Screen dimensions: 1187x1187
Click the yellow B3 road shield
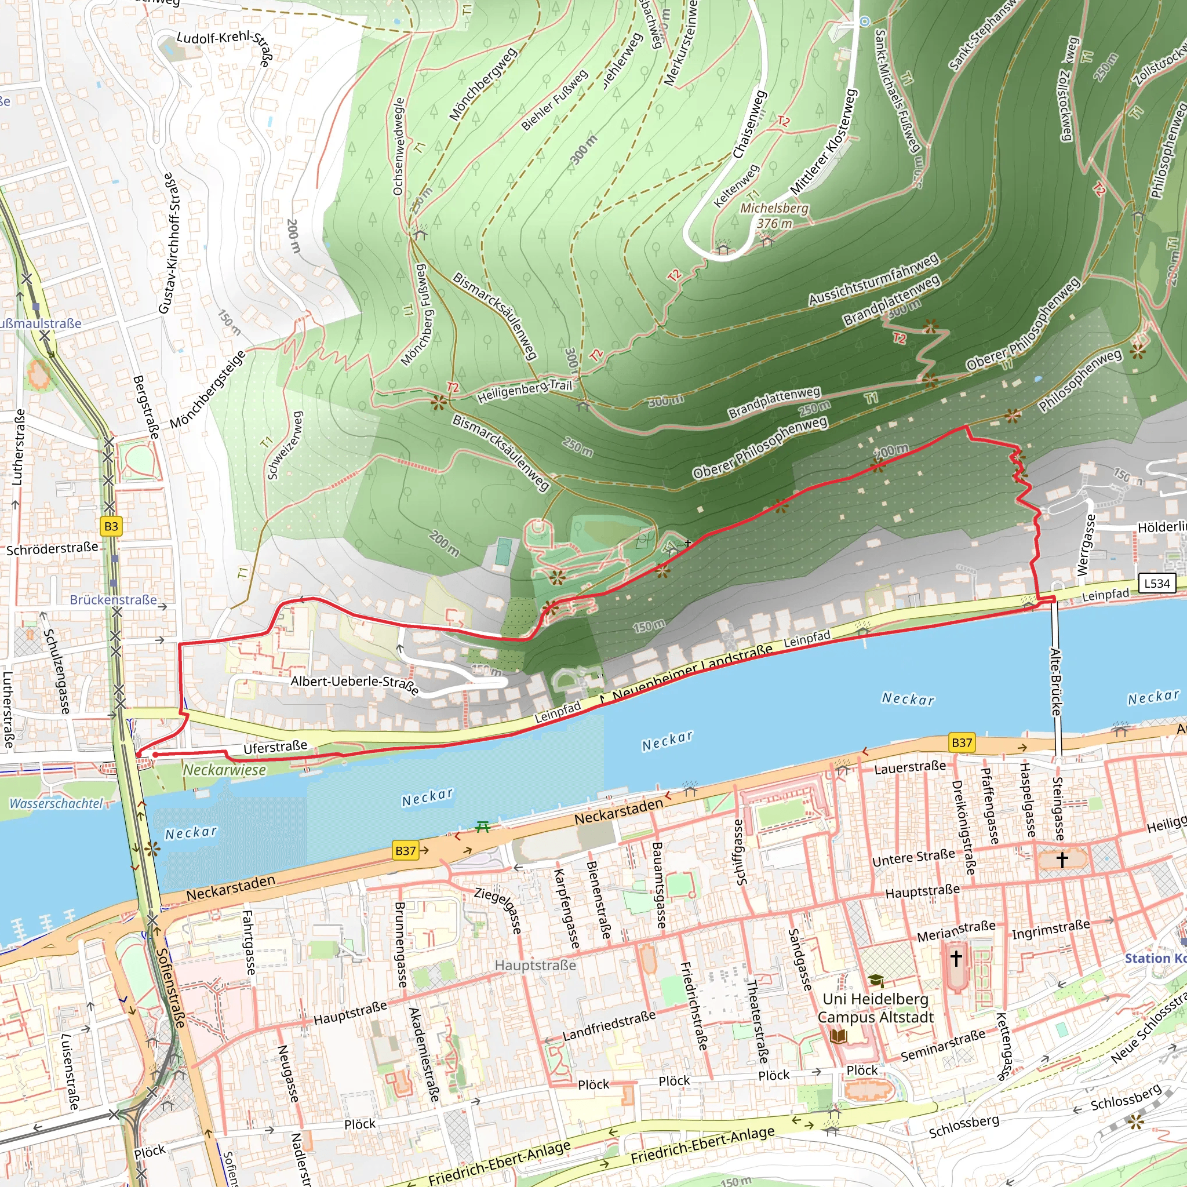[111, 526]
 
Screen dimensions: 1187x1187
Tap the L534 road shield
[1157, 583]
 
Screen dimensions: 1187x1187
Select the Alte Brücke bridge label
[1055, 682]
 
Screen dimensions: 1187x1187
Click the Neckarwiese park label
[225, 770]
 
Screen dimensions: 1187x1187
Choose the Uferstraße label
[275, 747]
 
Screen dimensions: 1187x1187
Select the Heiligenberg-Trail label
[524, 391]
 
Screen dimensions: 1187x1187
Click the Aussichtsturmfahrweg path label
[873, 279]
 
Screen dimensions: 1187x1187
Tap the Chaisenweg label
[749, 124]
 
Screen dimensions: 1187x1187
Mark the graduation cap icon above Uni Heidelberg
[876, 980]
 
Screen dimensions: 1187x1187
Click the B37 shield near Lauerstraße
[962, 742]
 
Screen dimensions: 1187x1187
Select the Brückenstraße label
[113, 599]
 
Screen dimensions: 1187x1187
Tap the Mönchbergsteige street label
[207, 389]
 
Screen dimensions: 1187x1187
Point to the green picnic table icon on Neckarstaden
[483, 827]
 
